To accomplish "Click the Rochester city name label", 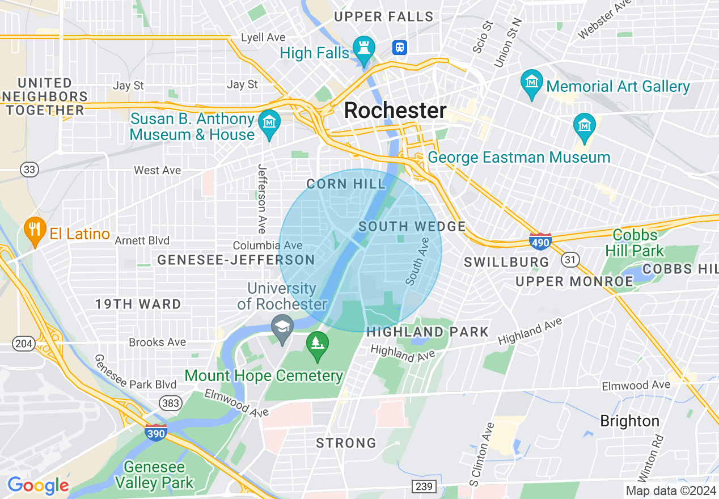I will [x=395, y=110].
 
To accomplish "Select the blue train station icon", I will [x=400, y=47].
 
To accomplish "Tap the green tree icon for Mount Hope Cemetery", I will [x=318, y=344].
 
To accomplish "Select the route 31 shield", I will [x=570, y=259].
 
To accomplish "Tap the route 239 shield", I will [x=423, y=487].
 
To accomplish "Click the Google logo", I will [x=38, y=485].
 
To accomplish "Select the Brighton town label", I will [x=629, y=421].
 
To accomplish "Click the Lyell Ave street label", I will [x=263, y=37].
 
